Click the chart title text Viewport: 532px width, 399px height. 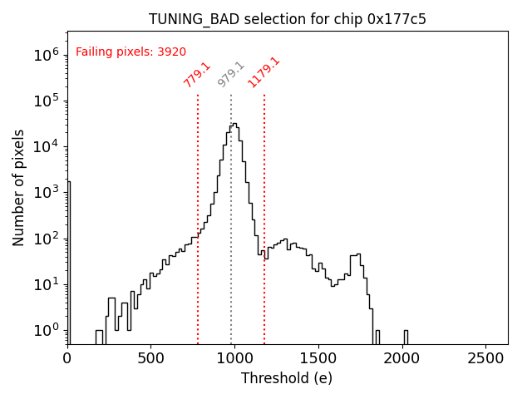[288, 19]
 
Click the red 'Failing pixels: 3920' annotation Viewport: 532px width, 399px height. [131, 52]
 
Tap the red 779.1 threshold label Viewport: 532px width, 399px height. [197, 75]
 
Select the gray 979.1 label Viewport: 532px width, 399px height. [230, 75]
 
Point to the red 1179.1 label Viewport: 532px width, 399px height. [264, 73]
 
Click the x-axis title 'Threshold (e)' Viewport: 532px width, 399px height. [287, 378]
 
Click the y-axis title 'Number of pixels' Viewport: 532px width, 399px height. [19, 188]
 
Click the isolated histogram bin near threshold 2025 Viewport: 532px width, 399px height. [406, 336]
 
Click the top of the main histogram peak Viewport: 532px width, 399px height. [234, 124]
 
